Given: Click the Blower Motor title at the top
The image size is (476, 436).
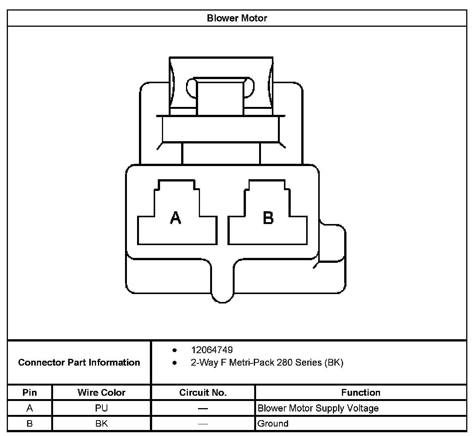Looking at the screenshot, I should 237,18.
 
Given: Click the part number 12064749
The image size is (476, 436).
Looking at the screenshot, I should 212,350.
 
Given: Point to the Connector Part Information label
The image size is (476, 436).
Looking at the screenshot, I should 79,362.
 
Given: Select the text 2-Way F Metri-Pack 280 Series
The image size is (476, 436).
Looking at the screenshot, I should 267,363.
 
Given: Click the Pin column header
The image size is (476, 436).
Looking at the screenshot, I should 30,392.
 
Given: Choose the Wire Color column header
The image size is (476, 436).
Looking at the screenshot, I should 101,392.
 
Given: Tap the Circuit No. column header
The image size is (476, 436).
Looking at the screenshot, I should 203,392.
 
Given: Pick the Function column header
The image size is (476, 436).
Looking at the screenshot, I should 360,392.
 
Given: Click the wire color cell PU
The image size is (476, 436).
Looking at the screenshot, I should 101,408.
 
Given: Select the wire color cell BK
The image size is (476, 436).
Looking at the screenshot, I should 101,424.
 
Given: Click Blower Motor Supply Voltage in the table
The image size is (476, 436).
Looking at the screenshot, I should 318,408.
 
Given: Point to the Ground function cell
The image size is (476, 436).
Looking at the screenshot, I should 273,424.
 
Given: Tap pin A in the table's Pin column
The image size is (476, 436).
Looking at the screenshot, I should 30,408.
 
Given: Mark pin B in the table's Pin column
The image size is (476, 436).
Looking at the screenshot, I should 30,424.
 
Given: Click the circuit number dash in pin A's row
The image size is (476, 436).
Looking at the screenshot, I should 203,409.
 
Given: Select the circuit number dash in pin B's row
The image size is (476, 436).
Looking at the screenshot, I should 203,424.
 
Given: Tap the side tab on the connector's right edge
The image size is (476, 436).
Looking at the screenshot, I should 333,243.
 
